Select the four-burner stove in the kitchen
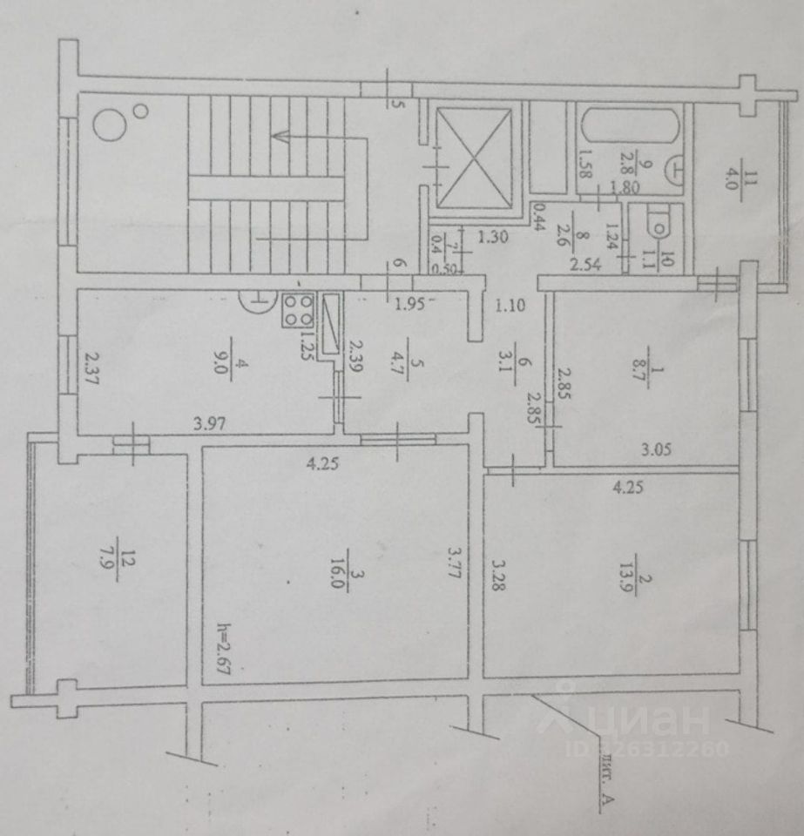299,311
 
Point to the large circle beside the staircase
111,126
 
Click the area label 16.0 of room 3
341,582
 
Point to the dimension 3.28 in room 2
497,576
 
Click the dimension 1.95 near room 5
409,304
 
